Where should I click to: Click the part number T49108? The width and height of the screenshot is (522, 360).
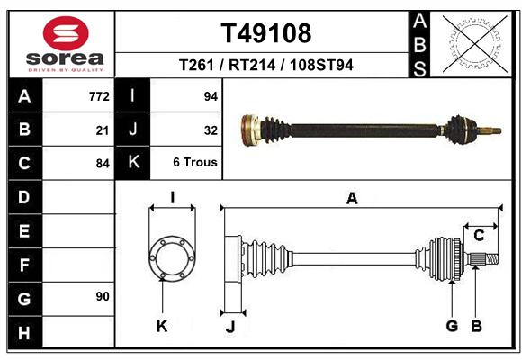pyautogui.click(x=266, y=33)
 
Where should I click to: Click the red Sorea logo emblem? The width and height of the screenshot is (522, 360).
pyautogui.click(x=66, y=33)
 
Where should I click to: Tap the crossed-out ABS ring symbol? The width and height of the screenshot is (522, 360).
pyautogui.click(x=475, y=44)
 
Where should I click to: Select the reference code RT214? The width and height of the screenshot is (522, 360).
pyautogui.click(x=252, y=65)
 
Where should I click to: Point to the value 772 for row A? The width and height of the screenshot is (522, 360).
pyautogui.click(x=99, y=96)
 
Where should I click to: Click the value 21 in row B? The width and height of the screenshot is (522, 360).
pyautogui.click(x=103, y=130)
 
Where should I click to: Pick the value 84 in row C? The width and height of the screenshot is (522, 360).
pyautogui.click(x=103, y=164)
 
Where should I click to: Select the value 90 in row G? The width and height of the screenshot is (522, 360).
pyautogui.click(x=103, y=296)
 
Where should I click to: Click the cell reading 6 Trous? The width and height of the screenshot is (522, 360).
pyautogui.click(x=195, y=162)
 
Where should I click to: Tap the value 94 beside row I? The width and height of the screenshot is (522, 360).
pyautogui.click(x=211, y=96)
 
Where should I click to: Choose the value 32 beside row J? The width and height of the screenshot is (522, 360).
pyautogui.click(x=211, y=130)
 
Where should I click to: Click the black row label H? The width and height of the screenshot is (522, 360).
pyautogui.click(x=24, y=333)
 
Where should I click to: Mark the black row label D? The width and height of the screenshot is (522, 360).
pyautogui.click(x=24, y=197)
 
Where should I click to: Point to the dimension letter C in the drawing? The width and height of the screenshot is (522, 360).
pyautogui.click(x=479, y=236)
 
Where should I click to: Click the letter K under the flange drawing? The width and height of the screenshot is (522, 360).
pyautogui.click(x=162, y=327)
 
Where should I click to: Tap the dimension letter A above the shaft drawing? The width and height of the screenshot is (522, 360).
pyautogui.click(x=352, y=199)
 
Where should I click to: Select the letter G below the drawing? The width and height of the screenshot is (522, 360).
pyautogui.click(x=452, y=326)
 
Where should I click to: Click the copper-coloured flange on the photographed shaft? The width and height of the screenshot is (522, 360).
pyautogui.click(x=250, y=130)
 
